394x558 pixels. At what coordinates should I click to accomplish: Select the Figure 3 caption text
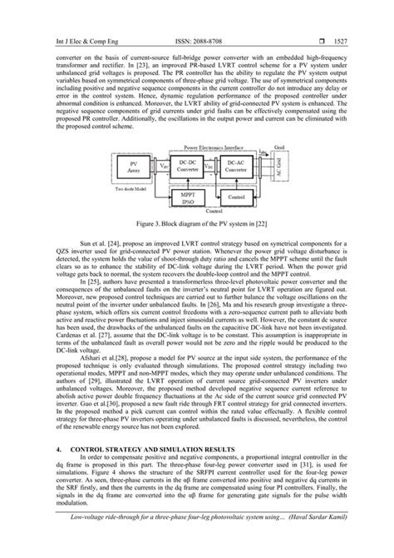(196, 225)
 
